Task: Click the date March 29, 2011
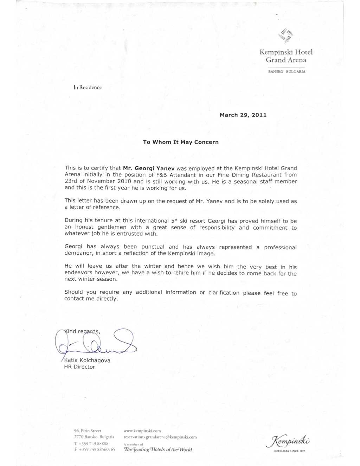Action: [243, 115]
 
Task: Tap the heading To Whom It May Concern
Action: [181, 142]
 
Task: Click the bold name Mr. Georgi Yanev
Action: [149, 168]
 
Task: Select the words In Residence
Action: [88, 87]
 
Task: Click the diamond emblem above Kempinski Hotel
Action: [285, 35]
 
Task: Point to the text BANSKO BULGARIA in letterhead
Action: [287, 71]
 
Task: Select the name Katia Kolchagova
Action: [87, 360]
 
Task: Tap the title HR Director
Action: [79, 367]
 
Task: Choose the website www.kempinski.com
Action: [142, 430]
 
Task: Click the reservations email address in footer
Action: [160, 437]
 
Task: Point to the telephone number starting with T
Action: [91, 443]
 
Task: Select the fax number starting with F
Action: [95, 449]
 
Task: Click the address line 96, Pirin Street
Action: [88, 430]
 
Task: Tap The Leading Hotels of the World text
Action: [158, 449]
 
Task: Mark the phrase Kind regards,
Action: [83, 331]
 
